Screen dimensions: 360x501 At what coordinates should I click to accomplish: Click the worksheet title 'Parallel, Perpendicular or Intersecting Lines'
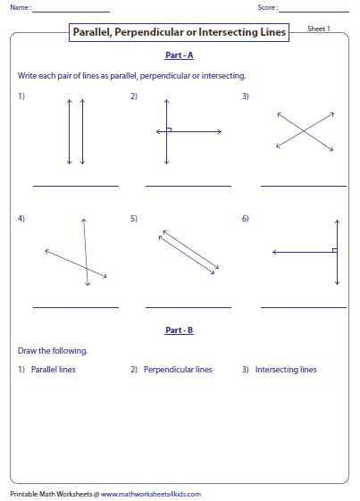[x=180, y=33]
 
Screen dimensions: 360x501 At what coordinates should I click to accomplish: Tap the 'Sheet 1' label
[x=320, y=29]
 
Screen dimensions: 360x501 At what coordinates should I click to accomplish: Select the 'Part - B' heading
[x=180, y=330]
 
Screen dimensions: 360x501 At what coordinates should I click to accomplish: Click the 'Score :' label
[x=265, y=8]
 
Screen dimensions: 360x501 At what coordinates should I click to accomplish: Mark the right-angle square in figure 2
[x=169, y=129]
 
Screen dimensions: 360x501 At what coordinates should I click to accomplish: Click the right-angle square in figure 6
[x=333, y=250]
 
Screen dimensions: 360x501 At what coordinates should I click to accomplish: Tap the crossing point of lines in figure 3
[x=305, y=132]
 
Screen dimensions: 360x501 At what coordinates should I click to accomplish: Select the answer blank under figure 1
[x=76, y=185]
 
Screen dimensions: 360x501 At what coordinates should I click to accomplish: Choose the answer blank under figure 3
[x=303, y=185]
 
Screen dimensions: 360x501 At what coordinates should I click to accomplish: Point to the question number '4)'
[x=21, y=219]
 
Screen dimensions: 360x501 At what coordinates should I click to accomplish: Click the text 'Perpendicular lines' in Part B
[x=178, y=370]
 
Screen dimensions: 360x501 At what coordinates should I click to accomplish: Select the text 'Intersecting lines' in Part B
[x=285, y=370]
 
